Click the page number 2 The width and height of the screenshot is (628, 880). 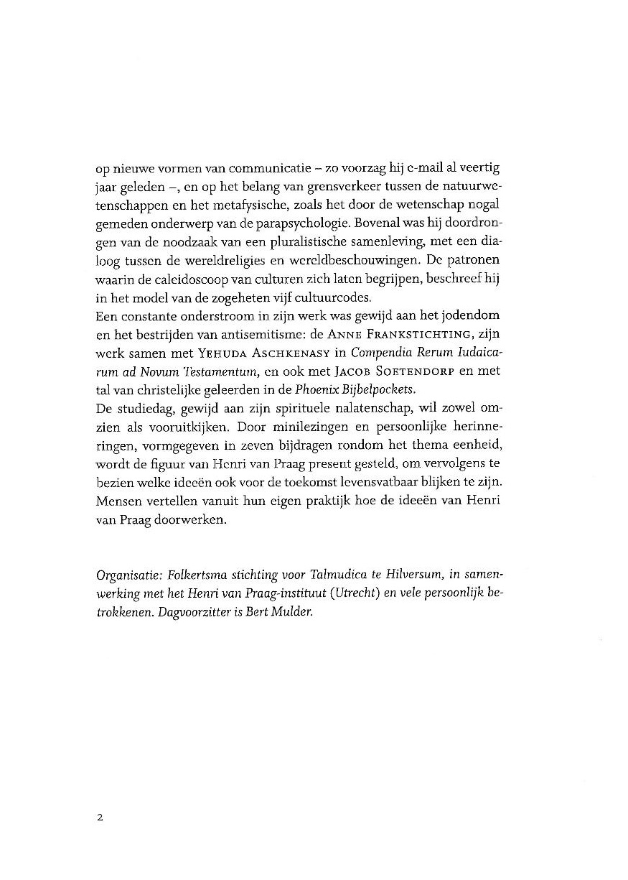100,818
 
